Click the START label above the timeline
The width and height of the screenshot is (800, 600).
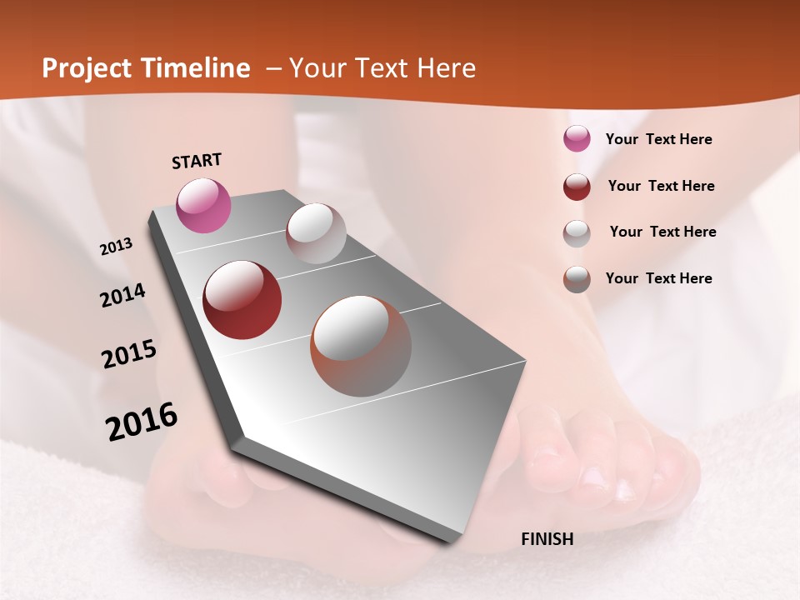(197, 160)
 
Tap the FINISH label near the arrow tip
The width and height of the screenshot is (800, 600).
(547, 539)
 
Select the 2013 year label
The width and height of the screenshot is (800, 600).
(116, 247)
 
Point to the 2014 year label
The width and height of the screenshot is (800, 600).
(122, 296)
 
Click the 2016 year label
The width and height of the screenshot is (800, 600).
(142, 422)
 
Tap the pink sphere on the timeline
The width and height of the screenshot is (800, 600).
(203, 205)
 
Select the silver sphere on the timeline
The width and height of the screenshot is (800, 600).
(316, 233)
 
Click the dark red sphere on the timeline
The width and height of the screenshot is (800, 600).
(242, 300)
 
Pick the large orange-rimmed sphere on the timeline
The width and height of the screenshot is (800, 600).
(361, 346)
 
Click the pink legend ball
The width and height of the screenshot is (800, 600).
(577, 139)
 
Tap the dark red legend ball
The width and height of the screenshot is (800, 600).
(577, 187)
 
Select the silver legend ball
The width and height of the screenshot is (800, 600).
(577, 233)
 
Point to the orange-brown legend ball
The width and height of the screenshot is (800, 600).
(577, 279)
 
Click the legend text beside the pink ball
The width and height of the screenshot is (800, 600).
(658, 139)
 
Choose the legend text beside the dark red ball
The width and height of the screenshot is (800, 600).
(661, 186)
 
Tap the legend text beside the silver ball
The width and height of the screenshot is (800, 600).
(662, 232)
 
